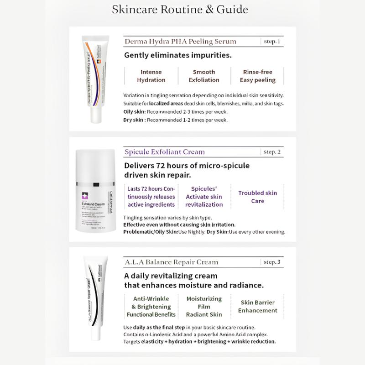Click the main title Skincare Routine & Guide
180,10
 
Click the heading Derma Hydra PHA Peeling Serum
180,42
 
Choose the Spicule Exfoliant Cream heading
165,152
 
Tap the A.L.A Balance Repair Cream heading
171,262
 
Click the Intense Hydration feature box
151,76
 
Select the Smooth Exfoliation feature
203,76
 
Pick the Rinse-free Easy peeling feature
258,76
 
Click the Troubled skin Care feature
257,197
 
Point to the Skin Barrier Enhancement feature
257,306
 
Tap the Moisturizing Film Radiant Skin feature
204,306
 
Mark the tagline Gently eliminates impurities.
178,56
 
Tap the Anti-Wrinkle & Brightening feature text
151,306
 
